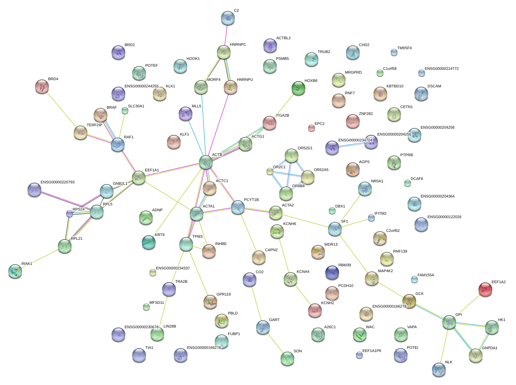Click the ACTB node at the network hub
[206, 162]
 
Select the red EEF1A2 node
[485, 289]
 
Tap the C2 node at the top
[228, 18]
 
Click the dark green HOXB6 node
[298, 88]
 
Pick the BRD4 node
[42, 86]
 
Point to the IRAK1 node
[15, 271]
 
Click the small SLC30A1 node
[125, 110]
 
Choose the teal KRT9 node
[149, 242]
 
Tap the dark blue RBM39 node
[332, 272]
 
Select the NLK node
[439, 369]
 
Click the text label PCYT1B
[251, 200]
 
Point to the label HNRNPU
[245, 80]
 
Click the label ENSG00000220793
[57, 182]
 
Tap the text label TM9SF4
[404, 48]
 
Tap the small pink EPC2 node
[312, 128]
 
